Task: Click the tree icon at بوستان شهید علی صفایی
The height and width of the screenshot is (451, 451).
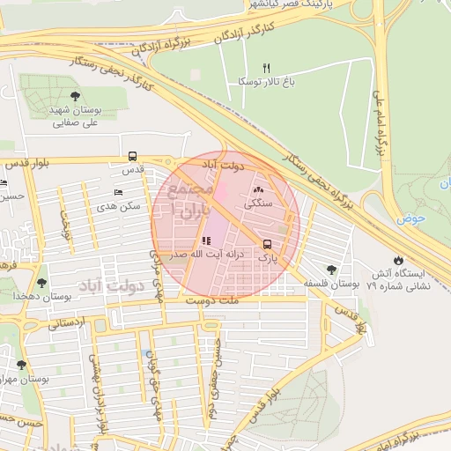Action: [x=71, y=97]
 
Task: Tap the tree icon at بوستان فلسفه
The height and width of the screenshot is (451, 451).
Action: [x=331, y=270]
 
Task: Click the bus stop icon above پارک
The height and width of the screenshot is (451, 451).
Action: [x=267, y=244]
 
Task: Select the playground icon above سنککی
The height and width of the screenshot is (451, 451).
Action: [x=258, y=190]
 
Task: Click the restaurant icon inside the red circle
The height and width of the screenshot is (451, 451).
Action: [x=205, y=240]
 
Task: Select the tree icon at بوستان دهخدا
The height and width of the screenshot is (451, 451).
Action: [x=41, y=283]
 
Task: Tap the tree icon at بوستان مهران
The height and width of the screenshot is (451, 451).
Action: [x=20, y=365]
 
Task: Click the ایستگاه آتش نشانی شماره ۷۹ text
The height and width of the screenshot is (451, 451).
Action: [x=401, y=280]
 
